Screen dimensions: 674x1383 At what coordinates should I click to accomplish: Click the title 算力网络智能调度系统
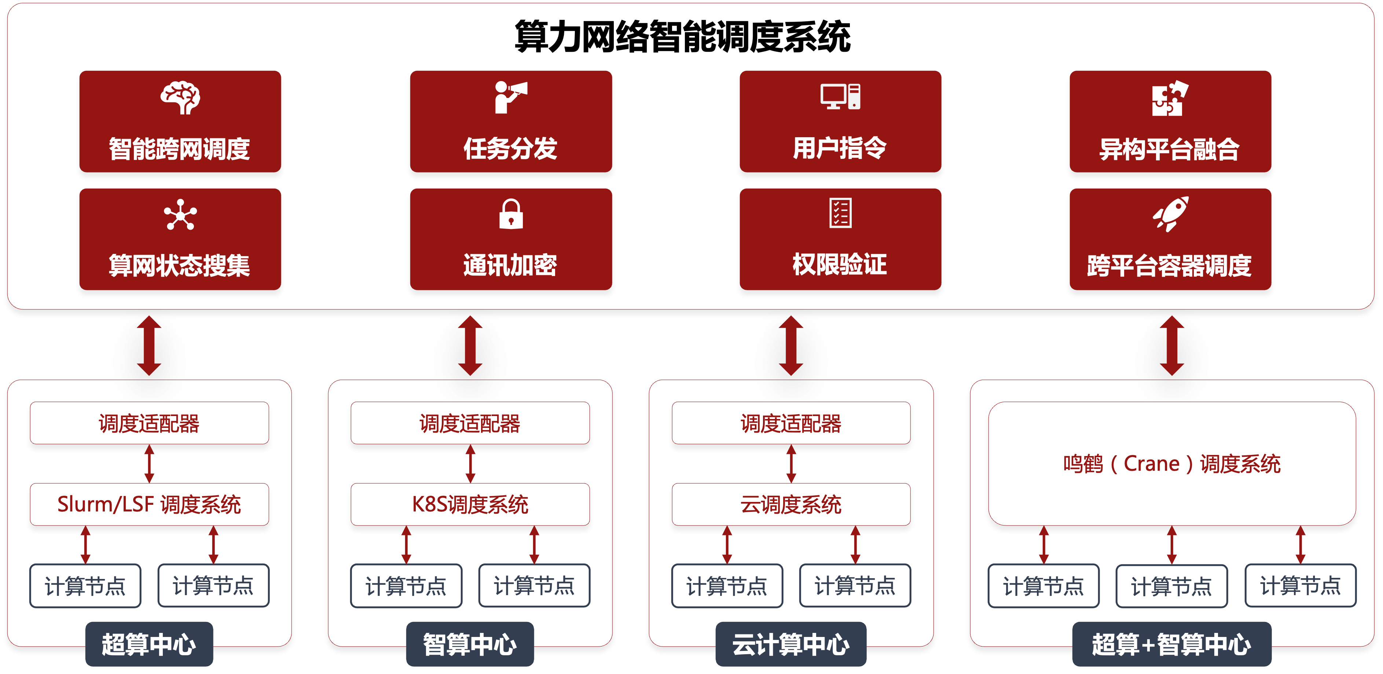tap(682, 37)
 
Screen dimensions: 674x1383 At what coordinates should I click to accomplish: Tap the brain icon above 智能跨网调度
tap(180, 98)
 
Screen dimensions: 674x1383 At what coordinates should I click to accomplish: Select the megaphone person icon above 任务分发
tap(511, 97)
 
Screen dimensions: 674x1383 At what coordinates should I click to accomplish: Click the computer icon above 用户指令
tap(840, 96)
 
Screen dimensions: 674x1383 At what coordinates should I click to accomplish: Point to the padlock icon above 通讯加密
tap(511, 214)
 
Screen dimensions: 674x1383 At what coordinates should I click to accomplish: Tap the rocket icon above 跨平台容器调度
tap(1170, 214)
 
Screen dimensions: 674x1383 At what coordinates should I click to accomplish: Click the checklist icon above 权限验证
tap(840, 213)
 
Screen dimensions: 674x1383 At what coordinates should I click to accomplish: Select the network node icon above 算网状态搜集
tap(180, 215)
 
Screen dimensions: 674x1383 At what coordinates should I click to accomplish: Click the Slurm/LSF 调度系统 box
tap(149, 504)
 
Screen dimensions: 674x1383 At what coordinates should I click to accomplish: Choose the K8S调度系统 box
tap(470, 504)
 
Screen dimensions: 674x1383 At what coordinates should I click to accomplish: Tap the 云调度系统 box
tap(791, 504)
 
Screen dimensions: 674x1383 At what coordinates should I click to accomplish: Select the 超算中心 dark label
tap(149, 644)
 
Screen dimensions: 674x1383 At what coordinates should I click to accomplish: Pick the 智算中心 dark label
tap(470, 644)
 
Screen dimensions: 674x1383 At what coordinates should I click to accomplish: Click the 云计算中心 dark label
tap(791, 644)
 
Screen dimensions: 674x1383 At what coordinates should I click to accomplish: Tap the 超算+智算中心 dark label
tap(1171, 644)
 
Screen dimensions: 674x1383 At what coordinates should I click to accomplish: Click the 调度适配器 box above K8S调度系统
tap(470, 423)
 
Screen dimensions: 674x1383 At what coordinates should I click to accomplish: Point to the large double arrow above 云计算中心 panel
tap(791, 345)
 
